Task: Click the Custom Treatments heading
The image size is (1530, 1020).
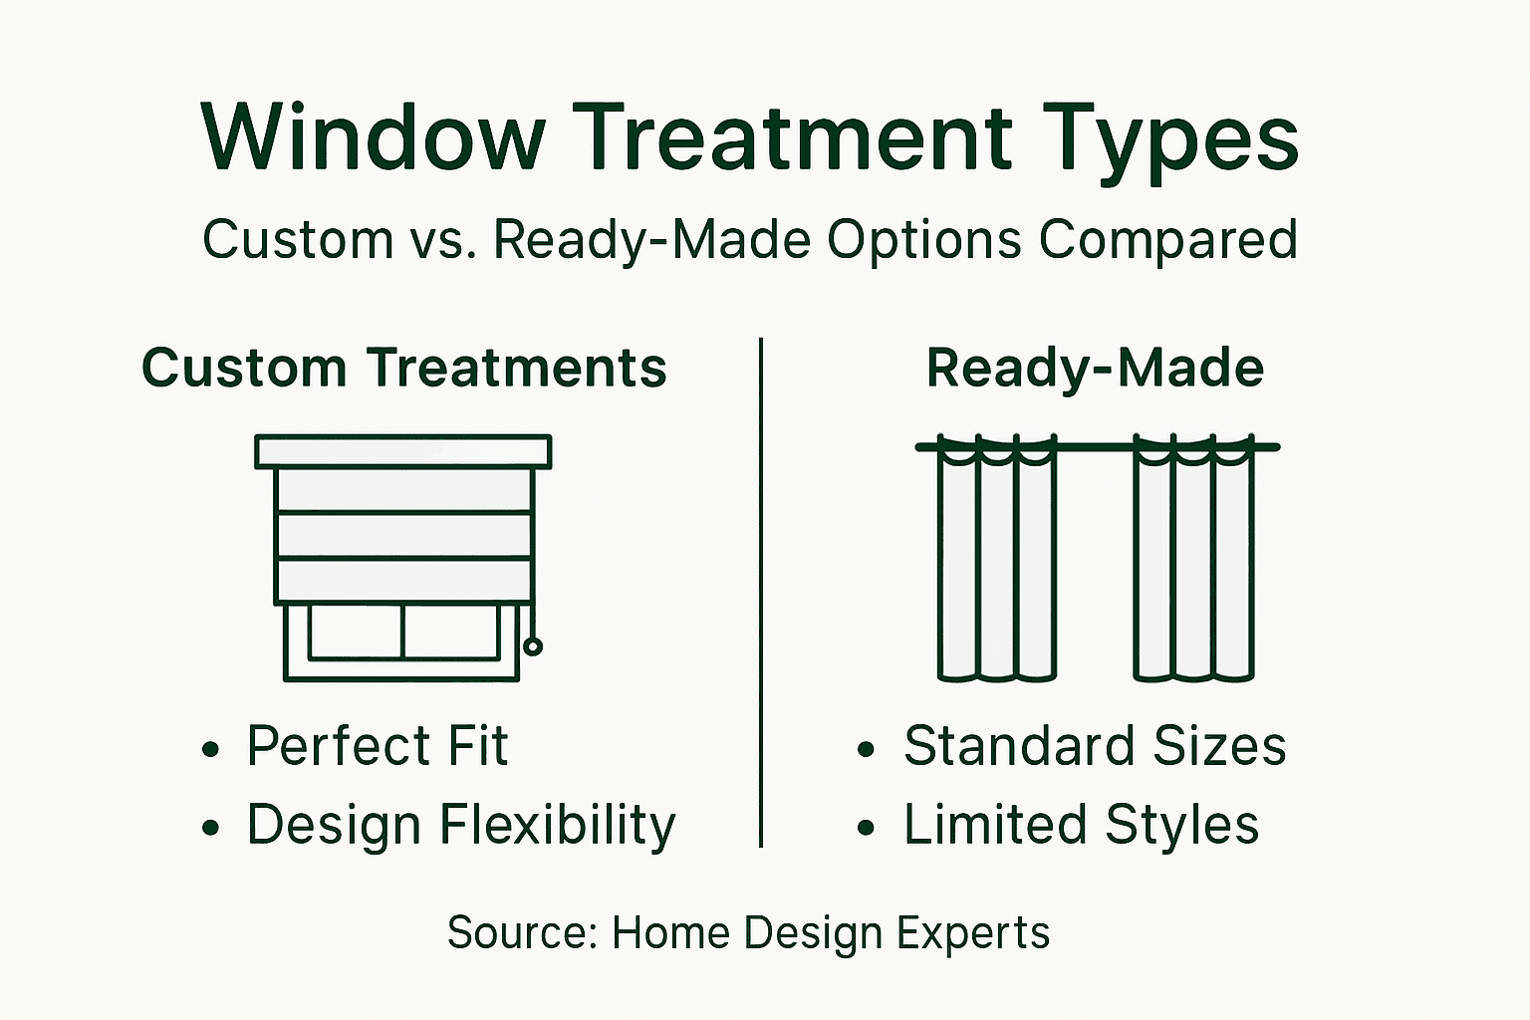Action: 403,368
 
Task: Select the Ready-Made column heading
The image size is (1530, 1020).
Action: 1095,368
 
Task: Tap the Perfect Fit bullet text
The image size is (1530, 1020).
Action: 377,746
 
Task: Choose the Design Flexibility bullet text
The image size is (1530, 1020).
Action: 460,826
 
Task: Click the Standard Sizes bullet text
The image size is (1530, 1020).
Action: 1094,746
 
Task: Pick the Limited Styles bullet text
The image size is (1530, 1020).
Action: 1081,826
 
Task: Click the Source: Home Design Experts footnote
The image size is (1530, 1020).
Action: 748,933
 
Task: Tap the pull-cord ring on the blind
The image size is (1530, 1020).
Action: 533,646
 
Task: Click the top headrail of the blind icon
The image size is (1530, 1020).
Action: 403,451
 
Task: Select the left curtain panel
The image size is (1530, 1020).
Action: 996,568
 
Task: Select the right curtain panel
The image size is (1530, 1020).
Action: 1193,568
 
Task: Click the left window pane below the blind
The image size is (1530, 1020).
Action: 356,632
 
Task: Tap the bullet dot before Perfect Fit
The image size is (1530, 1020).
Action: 210,749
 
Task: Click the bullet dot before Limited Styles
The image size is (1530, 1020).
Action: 867,828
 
